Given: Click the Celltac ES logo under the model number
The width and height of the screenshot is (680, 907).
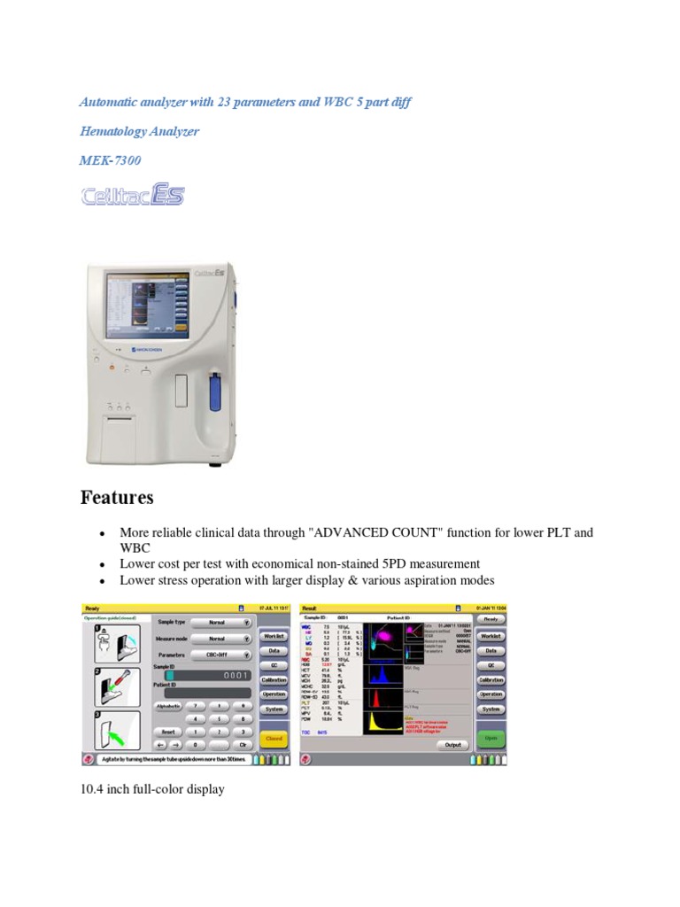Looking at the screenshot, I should point(133,195).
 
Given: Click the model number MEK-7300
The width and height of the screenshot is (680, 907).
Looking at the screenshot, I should point(110,160).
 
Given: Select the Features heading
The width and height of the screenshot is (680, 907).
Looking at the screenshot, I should point(117,498).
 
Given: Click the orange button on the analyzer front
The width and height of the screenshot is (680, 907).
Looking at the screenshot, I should point(112,367).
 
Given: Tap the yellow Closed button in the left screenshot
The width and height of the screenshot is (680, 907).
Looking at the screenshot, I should point(274,737).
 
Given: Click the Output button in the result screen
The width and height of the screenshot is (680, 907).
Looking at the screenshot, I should point(453,745).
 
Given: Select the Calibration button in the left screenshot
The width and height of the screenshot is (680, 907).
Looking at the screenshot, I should point(274,679).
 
